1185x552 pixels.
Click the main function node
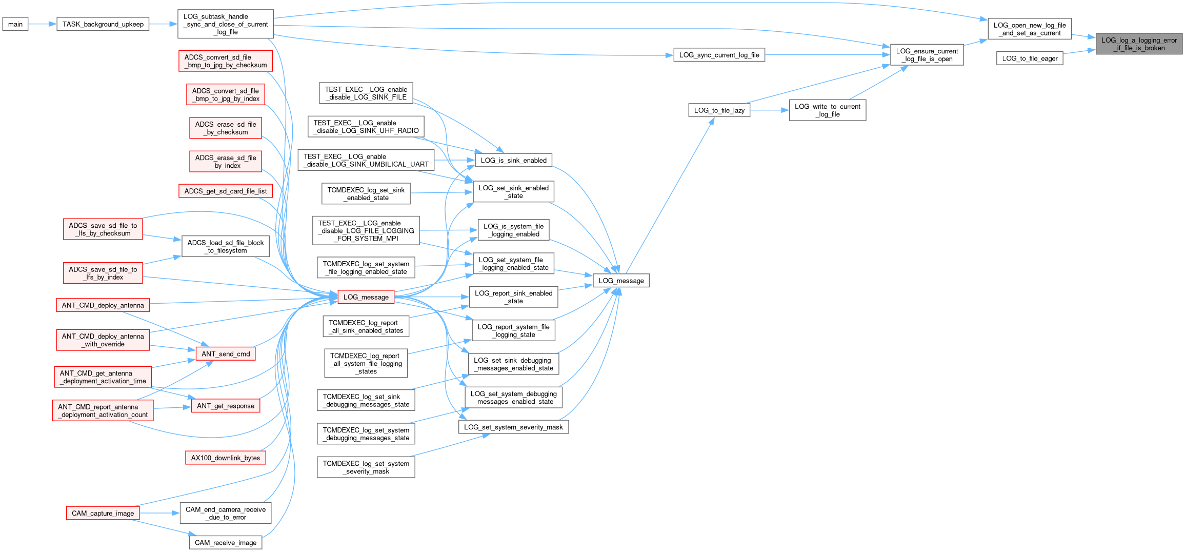15,24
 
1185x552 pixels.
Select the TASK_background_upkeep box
103,24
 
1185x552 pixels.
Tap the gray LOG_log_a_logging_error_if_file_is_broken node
1139,44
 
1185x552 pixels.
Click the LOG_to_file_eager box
1030,58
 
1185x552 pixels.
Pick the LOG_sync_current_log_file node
719,55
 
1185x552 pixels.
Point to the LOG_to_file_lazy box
719,110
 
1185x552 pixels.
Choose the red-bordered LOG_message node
366,297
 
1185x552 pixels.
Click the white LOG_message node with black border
621,281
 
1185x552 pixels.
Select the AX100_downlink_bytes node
225,458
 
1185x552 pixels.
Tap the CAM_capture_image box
103,513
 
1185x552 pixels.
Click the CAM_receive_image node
226,543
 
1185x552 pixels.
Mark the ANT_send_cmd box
226,354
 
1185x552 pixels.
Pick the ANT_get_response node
226,406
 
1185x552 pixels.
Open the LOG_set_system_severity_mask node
513,427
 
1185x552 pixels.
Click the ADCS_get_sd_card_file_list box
226,191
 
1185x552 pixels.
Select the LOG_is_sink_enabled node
513,160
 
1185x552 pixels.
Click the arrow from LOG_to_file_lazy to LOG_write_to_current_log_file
769,110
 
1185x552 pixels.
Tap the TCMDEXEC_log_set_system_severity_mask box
366,467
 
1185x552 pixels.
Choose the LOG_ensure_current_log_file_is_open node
927,55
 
